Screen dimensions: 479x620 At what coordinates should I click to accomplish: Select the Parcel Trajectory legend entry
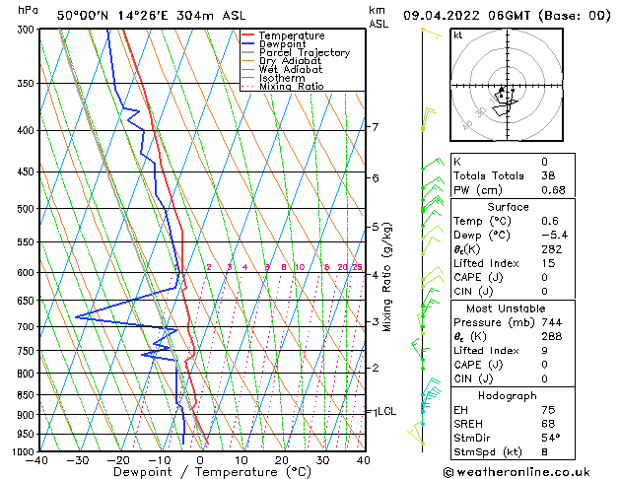[x=304, y=53]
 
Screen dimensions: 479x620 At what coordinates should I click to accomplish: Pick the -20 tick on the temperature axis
[x=119, y=459]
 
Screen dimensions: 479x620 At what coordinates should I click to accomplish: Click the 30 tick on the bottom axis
[x=322, y=459]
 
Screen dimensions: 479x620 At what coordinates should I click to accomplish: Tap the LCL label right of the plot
[x=386, y=411]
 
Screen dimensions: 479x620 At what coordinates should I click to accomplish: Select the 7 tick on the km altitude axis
[x=375, y=127]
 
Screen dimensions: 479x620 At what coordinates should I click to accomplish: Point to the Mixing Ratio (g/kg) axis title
[x=388, y=276]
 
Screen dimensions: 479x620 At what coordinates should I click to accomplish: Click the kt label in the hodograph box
[x=458, y=34]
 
